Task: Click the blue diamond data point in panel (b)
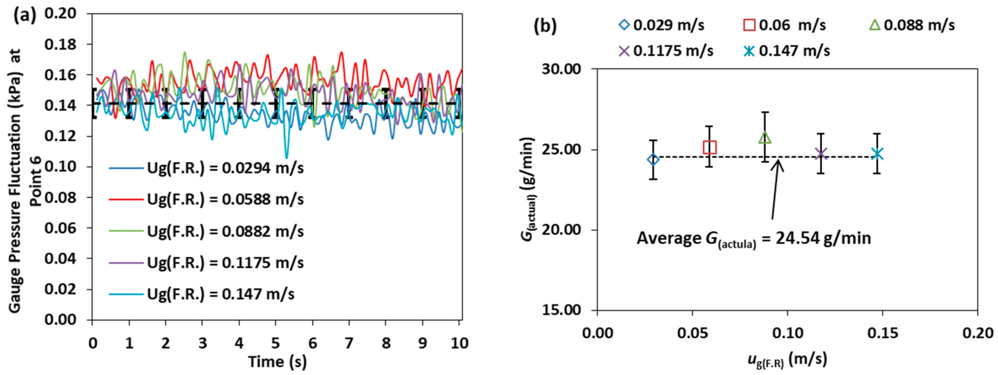click(x=653, y=159)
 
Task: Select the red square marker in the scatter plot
click(x=709, y=147)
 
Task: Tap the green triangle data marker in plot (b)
click(x=765, y=138)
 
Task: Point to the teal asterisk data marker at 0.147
click(x=877, y=154)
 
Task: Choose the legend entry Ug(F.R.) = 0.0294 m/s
click(x=225, y=168)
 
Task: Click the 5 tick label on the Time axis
click(x=275, y=343)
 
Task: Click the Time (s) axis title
click(x=277, y=362)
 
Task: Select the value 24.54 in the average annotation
click(x=797, y=238)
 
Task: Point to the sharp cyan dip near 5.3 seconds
click(x=286, y=157)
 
